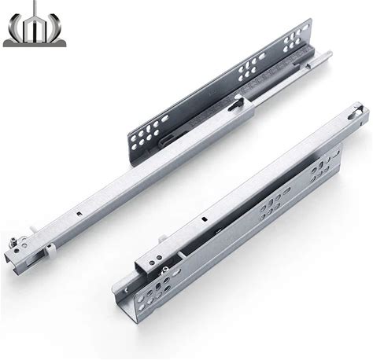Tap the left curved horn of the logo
tap(14, 30)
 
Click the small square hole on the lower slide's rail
tap(203, 219)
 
